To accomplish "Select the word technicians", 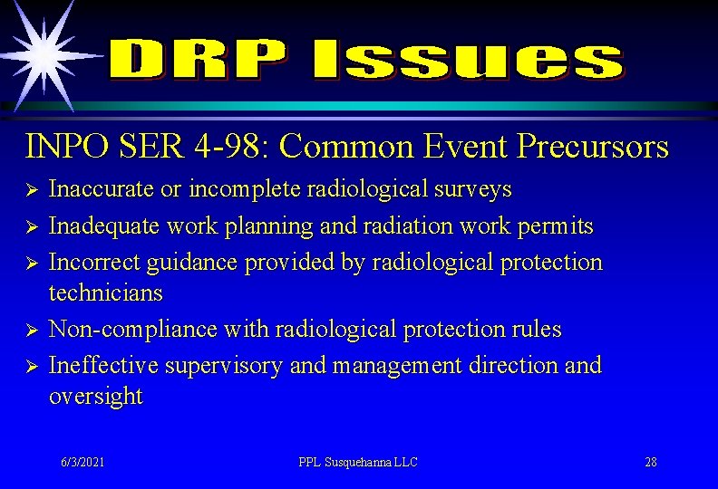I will coord(106,292).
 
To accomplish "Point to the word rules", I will coord(535,330).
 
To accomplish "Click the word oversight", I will coord(95,397).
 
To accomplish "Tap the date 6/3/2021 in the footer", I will coord(82,462).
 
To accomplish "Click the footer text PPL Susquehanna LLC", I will coord(358,462).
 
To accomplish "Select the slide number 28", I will coord(651,462).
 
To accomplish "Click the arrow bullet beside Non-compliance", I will coord(30,331).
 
